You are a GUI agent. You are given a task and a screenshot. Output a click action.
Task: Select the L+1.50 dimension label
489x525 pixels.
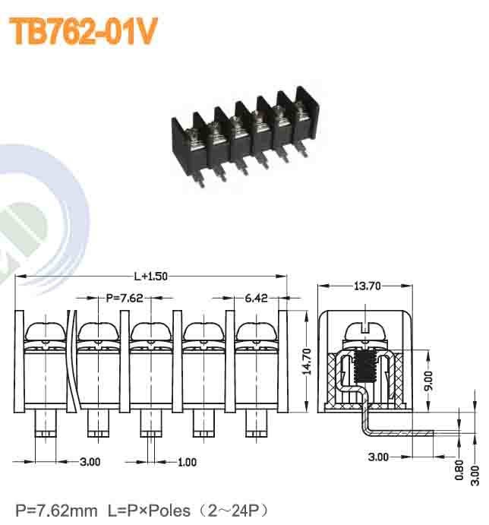[150, 277]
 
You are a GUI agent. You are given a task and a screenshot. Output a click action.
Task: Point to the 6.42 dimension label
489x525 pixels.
[256, 298]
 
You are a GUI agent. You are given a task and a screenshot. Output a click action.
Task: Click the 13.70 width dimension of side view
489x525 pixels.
[367, 286]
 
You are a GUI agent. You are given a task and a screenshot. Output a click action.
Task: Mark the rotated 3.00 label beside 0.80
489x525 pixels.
[475, 472]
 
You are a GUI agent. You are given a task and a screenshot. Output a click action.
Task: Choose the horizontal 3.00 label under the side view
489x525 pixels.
[378, 457]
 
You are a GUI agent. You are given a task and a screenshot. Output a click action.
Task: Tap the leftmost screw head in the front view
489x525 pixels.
[47, 331]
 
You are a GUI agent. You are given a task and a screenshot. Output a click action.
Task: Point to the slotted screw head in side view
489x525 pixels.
[367, 331]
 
